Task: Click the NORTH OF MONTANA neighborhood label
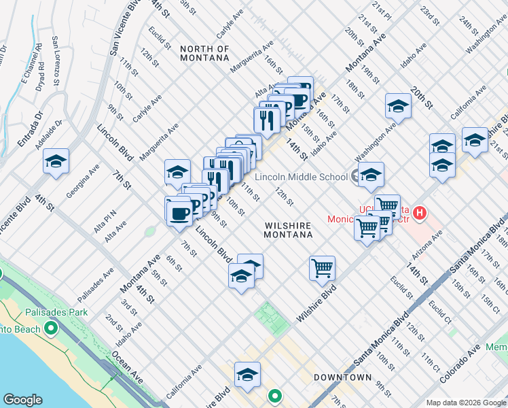204,53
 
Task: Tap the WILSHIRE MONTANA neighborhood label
288,228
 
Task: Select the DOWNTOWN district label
342,377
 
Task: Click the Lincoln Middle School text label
301,177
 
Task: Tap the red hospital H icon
420,214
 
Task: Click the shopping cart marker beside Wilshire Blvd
322,267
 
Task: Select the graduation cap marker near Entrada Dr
56,161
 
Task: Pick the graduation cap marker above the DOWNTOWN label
247,375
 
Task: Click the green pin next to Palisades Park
50,329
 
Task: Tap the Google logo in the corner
22,400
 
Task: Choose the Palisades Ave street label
96,286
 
